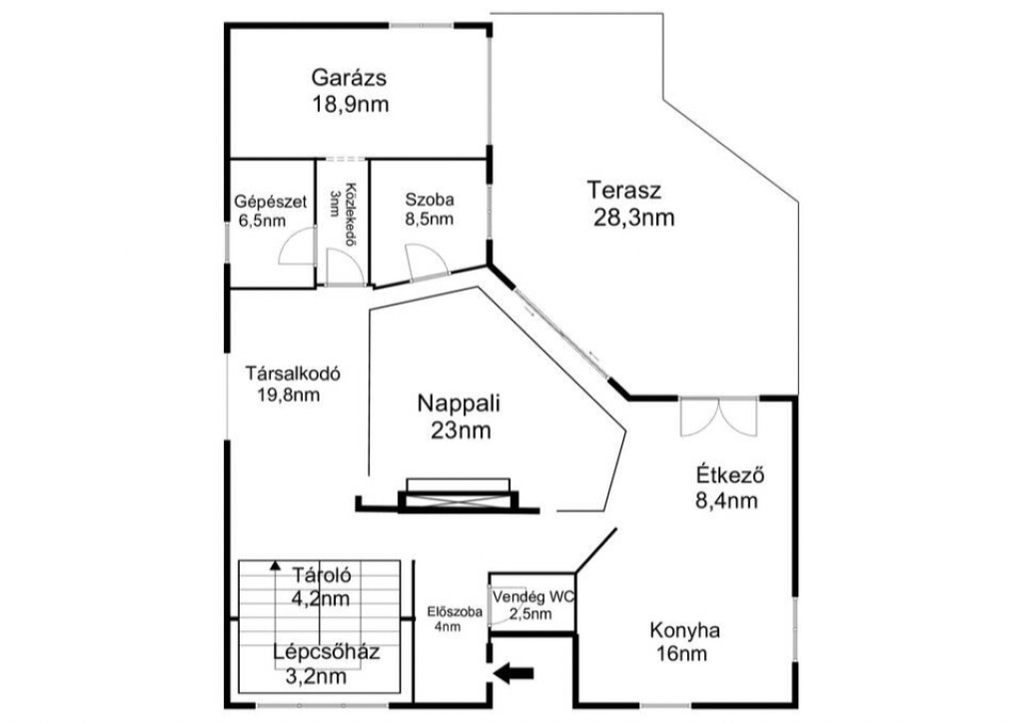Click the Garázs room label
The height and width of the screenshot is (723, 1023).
[x=349, y=78]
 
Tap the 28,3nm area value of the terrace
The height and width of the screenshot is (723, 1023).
[x=633, y=217]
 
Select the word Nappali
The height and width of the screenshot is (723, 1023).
[x=459, y=403]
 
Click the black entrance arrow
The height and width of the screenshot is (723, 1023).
[x=514, y=673]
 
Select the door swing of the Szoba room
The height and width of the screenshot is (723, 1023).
[x=427, y=262]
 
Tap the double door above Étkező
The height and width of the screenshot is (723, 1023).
[x=718, y=416]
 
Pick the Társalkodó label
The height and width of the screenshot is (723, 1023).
[x=293, y=374]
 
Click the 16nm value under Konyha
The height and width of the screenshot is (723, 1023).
[x=682, y=653]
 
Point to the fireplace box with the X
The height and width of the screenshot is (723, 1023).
[x=458, y=500]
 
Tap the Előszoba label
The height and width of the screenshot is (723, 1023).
[x=455, y=611]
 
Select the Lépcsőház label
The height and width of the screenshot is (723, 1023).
[x=327, y=652]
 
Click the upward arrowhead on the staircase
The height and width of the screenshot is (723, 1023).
[x=276, y=566]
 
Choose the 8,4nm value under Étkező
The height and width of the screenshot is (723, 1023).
[x=727, y=500]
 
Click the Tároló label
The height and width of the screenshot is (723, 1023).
[x=322, y=575]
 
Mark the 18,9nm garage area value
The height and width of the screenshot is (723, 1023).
[x=351, y=104]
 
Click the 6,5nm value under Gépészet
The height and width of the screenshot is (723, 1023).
[x=262, y=221]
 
